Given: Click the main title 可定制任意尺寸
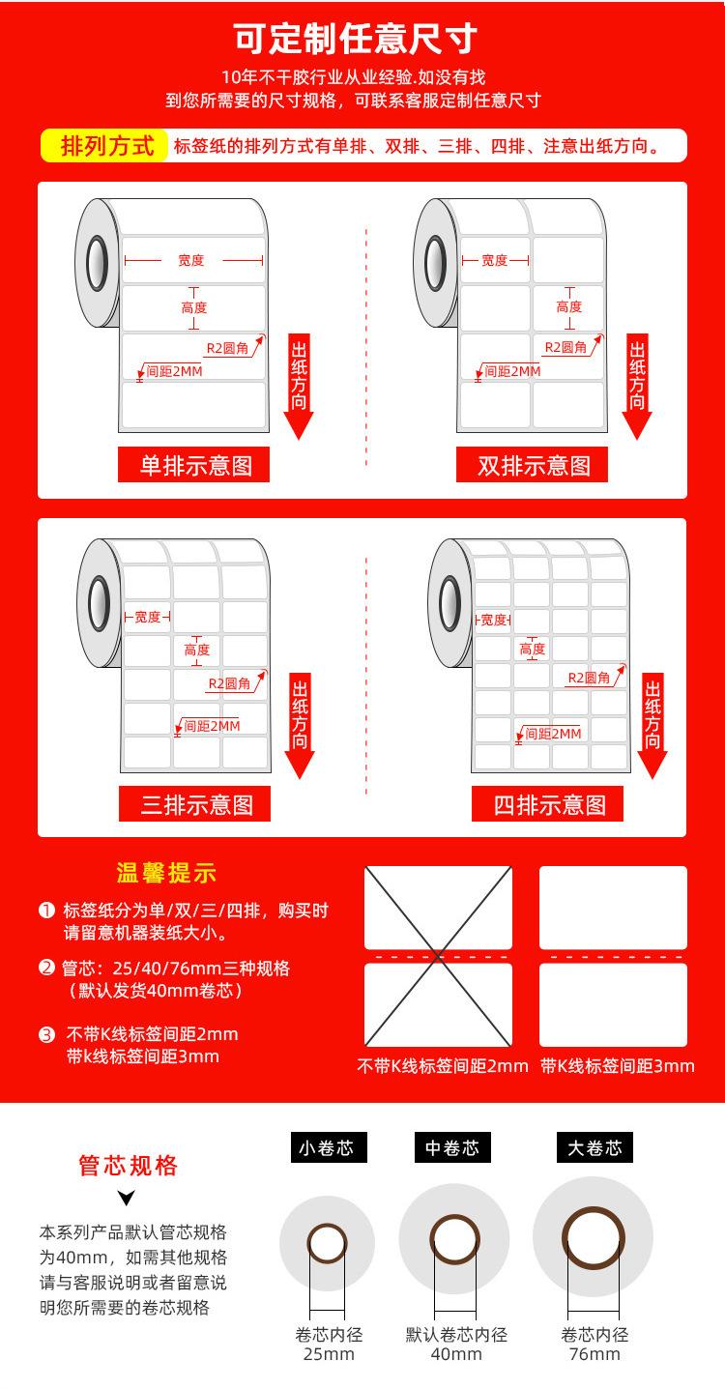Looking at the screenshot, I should tap(357, 40).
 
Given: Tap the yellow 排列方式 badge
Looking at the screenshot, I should tap(107, 146).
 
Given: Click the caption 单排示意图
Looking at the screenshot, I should tap(194, 466).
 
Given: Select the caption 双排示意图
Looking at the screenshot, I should tap(533, 466).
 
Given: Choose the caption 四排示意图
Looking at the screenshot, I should tap(548, 804).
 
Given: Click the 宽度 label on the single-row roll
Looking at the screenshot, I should tap(191, 260).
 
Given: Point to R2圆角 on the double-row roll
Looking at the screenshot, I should tap(565, 347).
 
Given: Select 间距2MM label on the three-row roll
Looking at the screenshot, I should tap(211, 726).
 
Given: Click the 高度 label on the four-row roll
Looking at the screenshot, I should tap(532, 650).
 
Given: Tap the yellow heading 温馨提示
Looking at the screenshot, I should tap(166, 874).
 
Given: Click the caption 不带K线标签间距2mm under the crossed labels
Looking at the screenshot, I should tap(443, 1066).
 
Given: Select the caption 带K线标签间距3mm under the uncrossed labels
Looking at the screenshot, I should tap(617, 1066).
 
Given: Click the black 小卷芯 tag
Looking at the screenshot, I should tap(327, 1148).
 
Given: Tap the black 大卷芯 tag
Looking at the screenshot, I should tap(594, 1148).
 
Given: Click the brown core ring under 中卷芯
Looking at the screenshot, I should tap(454, 1240).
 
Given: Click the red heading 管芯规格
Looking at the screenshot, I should tap(128, 1166).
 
